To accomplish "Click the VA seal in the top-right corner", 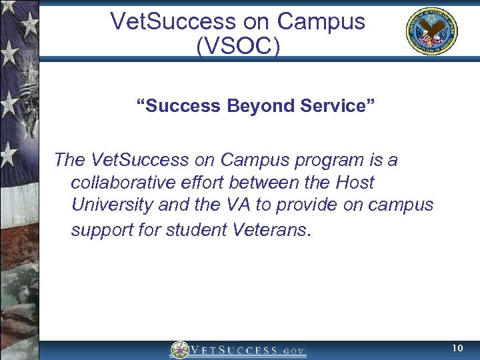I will click(x=431, y=31).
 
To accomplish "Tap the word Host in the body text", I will click(x=355, y=182).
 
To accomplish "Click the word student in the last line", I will click(x=197, y=230).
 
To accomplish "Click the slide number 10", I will click(x=457, y=349).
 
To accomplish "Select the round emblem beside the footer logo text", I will click(x=179, y=350).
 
